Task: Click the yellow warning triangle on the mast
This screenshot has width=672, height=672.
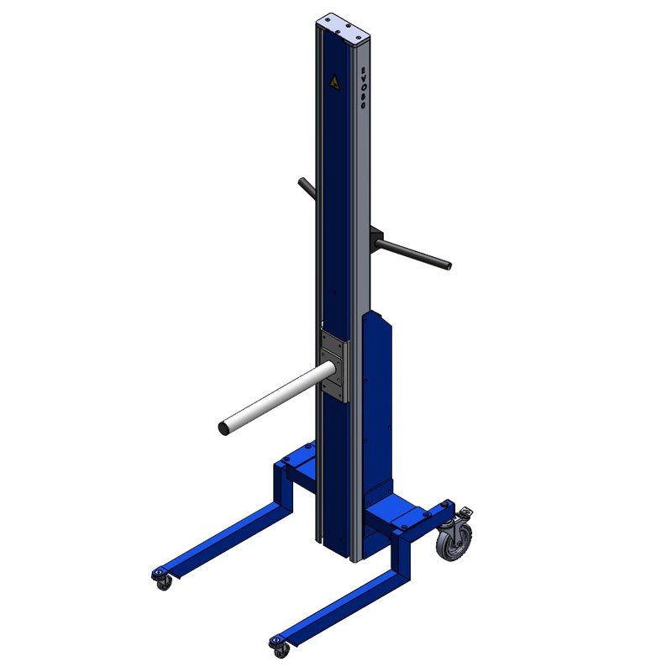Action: click(333, 82)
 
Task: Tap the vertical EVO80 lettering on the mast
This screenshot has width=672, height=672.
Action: click(362, 87)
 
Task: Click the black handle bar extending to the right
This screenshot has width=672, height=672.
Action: click(412, 253)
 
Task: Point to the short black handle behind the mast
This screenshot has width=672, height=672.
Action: click(307, 188)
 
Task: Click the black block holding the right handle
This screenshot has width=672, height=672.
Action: click(376, 238)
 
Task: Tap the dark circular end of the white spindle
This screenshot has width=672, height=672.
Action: click(223, 428)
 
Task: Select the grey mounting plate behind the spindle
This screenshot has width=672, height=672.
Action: click(334, 365)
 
